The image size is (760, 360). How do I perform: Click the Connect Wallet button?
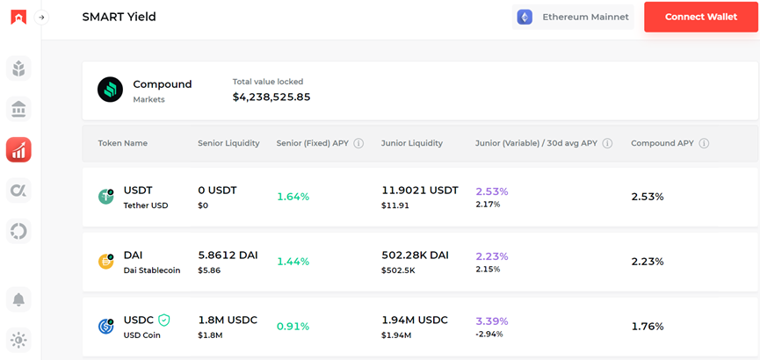(x=700, y=17)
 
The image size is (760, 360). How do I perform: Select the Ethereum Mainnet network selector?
(x=574, y=17)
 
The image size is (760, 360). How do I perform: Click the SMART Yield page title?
(x=119, y=17)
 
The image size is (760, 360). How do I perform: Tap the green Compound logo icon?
(x=111, y=90)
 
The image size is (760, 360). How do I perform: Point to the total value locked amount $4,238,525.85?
(x=271, y=97)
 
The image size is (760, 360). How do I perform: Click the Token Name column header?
(x=123, y=143)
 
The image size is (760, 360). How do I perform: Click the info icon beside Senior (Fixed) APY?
(x=358, y=143)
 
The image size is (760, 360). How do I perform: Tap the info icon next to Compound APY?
(x=704, y=143)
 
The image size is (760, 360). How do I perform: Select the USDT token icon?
(x=106, y=197)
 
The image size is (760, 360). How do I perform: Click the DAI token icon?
(x=106, y=261)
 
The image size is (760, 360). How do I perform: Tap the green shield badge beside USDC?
(x=163, y=320)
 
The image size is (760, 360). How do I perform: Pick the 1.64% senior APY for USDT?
(x=293, y=197)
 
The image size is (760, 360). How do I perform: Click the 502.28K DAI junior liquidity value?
(x=415, y=255)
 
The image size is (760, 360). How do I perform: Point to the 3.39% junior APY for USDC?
(x=492, y=320)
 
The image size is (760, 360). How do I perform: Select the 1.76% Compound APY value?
(x=648, y=327)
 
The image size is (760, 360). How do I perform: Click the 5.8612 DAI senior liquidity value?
(x=228, y=255)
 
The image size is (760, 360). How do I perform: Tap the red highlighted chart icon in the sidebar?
(x=18, y=149)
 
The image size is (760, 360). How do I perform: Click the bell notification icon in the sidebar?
(x=18, y=299)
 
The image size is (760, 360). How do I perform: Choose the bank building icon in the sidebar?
(x=18, y=109)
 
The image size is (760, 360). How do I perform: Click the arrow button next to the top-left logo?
(x=41, y=18)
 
